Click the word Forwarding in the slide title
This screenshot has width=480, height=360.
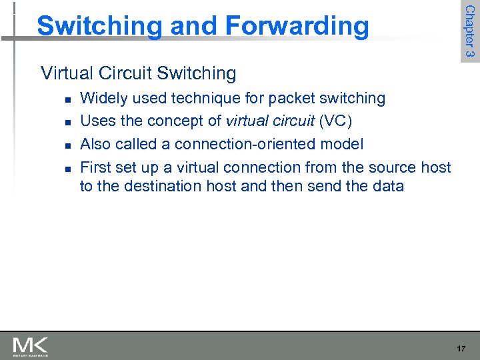[297, 26]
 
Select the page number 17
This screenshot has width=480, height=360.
[461, 348]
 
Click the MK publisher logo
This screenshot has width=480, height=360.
[30, 346]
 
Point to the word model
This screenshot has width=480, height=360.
[343, 144]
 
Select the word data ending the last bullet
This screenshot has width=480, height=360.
[387, 185]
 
